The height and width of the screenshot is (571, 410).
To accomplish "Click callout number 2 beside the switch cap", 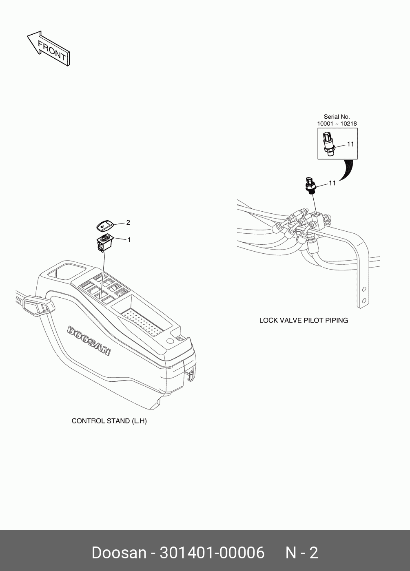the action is coord(128,223).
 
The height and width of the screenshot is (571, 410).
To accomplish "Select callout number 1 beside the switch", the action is coord(129,240).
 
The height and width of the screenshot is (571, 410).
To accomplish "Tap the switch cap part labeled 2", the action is coord(104,224).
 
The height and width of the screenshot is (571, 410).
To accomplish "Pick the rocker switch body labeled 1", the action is coord(105,242).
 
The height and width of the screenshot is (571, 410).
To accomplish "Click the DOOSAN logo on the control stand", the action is coord(89,341).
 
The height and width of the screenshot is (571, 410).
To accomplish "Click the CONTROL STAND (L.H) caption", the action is coord(109,421).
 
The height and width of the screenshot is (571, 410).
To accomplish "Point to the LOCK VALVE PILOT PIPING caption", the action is coord(304,320).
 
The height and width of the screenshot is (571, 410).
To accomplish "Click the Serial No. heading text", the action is coord(337,117).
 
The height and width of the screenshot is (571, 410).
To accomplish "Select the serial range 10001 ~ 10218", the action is coord(337,124).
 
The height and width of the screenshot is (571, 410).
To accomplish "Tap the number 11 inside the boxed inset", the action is coord(350,144).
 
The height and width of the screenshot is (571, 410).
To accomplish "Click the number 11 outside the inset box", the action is coord(332,183).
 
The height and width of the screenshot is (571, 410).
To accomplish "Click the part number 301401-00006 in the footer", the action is coord(212,553).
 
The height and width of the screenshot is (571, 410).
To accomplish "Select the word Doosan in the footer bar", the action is coord(118,553).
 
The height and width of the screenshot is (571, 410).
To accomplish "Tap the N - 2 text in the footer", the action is coord(301,553).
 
